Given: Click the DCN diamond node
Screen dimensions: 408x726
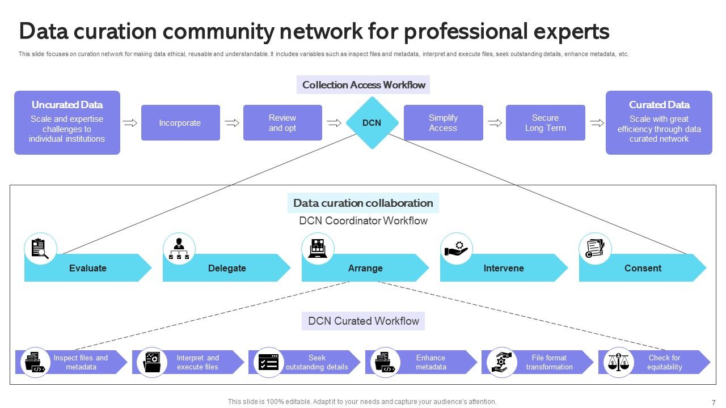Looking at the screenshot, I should (372, 123).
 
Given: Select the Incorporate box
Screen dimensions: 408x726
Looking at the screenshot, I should (180, 123).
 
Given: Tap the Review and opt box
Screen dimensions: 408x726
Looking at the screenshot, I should (282, 123).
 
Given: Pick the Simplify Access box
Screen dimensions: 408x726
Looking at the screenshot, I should (443, 123).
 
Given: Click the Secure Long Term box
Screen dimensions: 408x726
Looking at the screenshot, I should (545, 123).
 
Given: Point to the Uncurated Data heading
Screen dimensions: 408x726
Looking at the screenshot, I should (67, 105).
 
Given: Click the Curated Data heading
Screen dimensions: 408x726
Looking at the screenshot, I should (659, 105).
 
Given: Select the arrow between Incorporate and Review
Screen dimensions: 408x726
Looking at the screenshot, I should (231, 123).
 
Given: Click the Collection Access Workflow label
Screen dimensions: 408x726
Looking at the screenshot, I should (364, 85).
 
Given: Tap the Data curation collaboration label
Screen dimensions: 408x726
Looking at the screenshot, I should (363, 203).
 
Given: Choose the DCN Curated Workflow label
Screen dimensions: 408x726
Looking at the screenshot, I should (363, 321).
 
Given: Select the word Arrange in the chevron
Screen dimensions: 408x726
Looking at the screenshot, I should (365, 268).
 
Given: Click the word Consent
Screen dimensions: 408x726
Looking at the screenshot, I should (643, 268).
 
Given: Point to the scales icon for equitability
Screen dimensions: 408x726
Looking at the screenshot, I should (618, 363).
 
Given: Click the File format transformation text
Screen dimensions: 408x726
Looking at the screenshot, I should (549, 363).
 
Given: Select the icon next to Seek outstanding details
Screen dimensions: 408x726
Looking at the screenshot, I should (268, 363).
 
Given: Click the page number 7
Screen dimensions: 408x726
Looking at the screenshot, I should (714, 402).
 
